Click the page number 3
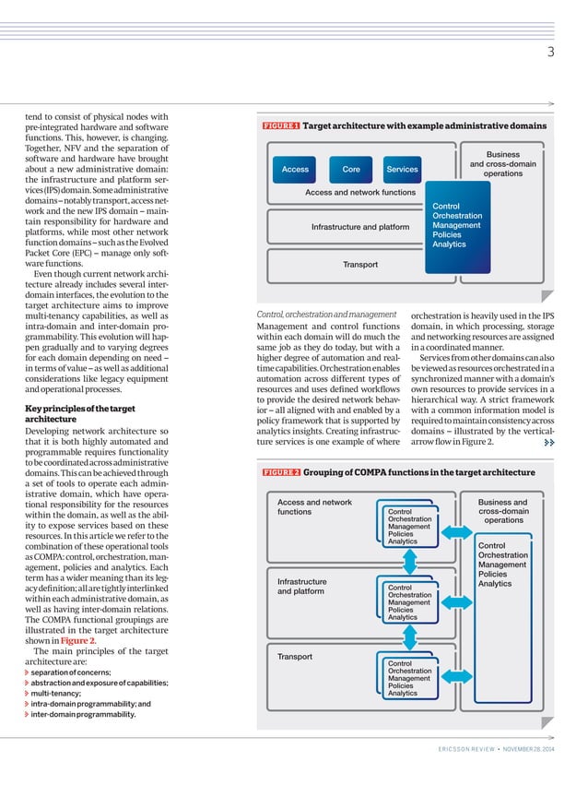click(x=549, y=53)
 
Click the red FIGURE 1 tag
click(x=281, y=125)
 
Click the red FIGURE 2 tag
click(x=281, y=472)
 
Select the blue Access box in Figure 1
click(x=295, y=170)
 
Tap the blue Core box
click(x=351, y=170)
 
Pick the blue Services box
click(x=402, y=170)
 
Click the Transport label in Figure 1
click(x=359, y=265)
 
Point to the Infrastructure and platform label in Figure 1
click(x=359, y=227)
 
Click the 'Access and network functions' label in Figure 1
click(x=359, y=193)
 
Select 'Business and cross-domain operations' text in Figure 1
click(x=502, y=164)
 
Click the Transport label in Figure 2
click(x=296, y=657)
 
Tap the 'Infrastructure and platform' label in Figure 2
click(x=301, y=587)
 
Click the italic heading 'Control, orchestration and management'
click(x=326, y=315)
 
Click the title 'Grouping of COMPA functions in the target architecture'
click(x=419, y=472)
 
